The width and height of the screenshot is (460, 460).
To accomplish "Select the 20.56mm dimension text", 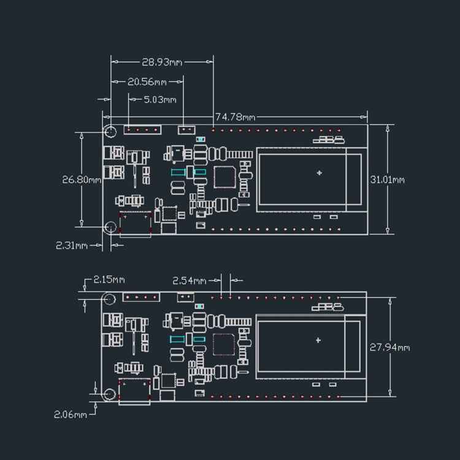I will coord(147,82).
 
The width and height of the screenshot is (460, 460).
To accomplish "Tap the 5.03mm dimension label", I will coord(159,99).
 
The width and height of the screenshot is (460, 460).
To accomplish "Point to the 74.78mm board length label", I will coord(235,117).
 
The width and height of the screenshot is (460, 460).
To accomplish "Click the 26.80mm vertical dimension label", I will coord(82,180).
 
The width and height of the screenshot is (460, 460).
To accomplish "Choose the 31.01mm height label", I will coord(387,180).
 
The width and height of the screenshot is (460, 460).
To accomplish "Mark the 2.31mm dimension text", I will coord(72,245).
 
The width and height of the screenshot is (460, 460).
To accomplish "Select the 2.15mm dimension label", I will coord(109,280).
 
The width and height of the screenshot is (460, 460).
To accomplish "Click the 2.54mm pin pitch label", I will coord(190,281).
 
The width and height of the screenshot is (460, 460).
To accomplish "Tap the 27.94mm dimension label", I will coord(389,347).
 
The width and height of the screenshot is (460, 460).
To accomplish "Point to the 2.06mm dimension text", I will coord(71,414).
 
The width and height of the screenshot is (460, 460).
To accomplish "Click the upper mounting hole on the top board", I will coord(110,131).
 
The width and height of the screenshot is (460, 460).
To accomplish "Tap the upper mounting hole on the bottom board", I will coord(109,299).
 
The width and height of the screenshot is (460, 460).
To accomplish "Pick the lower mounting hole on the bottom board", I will coord(109,394).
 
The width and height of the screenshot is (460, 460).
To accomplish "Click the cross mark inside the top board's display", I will coord(319,173).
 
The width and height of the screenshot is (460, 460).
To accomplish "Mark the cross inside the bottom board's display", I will coord(318,340).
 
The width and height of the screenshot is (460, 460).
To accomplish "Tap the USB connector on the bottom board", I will coord(135,391).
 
